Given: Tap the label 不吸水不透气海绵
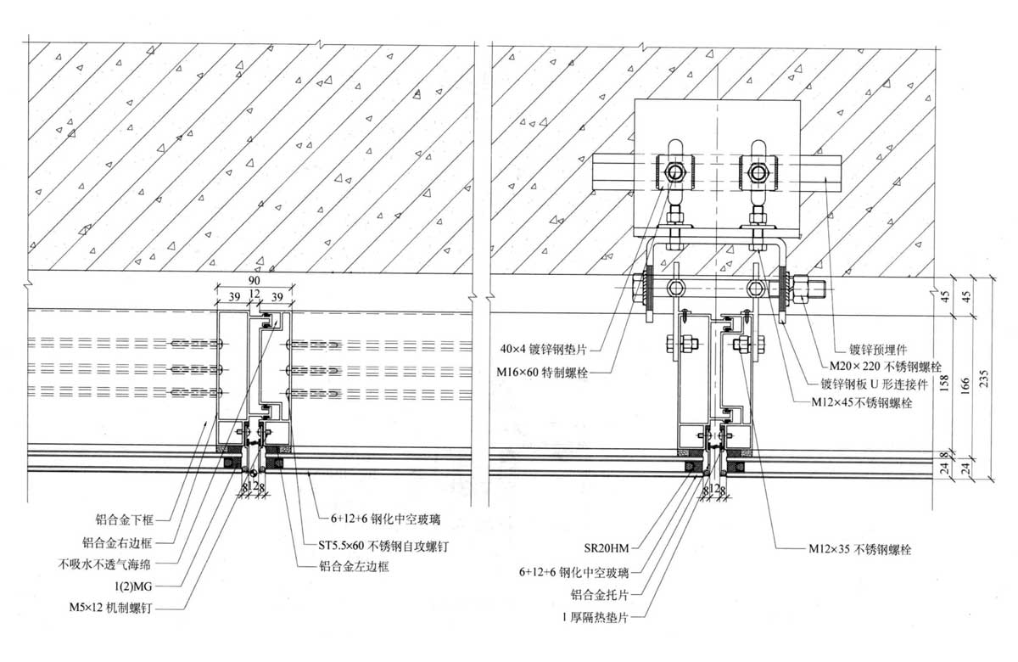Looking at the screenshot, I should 115,561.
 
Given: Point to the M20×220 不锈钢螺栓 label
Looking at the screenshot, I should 880,367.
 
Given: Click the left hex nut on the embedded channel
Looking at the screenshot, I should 675,173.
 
